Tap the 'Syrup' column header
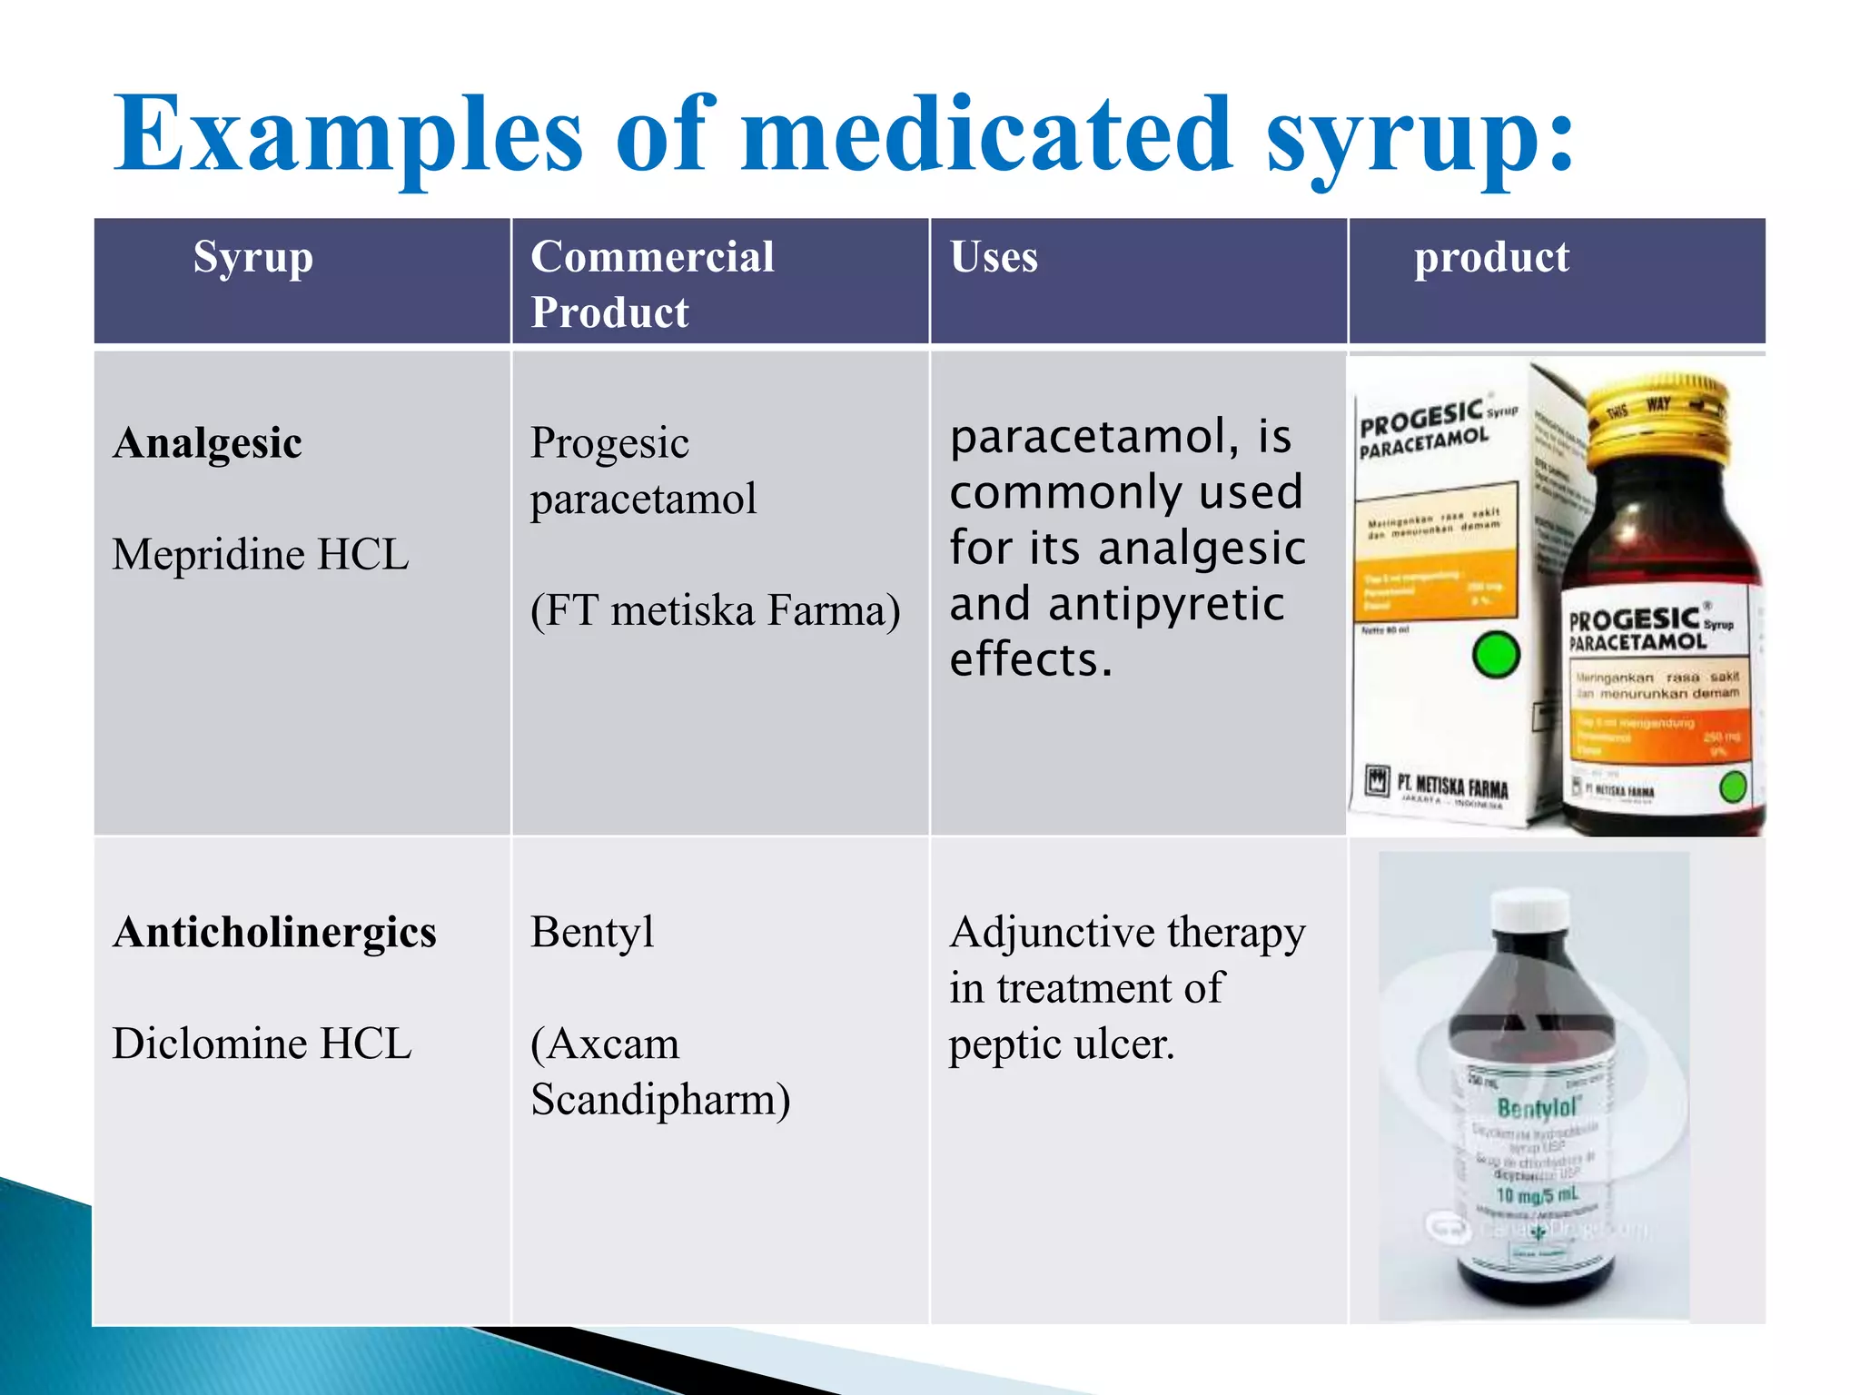252,257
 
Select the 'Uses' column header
994,257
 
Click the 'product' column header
1491,257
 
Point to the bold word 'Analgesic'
208,443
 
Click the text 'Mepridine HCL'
261,554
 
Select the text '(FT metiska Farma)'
715,609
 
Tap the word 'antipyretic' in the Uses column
1166,604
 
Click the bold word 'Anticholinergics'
275,933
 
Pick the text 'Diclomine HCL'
262,1044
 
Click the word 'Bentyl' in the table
592,933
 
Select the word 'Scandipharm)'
660,1100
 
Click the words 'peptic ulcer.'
1062,1044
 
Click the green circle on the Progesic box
1496,655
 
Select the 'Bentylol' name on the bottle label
1538,1107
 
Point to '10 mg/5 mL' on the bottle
1537,1195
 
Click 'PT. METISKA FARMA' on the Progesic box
1451,786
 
